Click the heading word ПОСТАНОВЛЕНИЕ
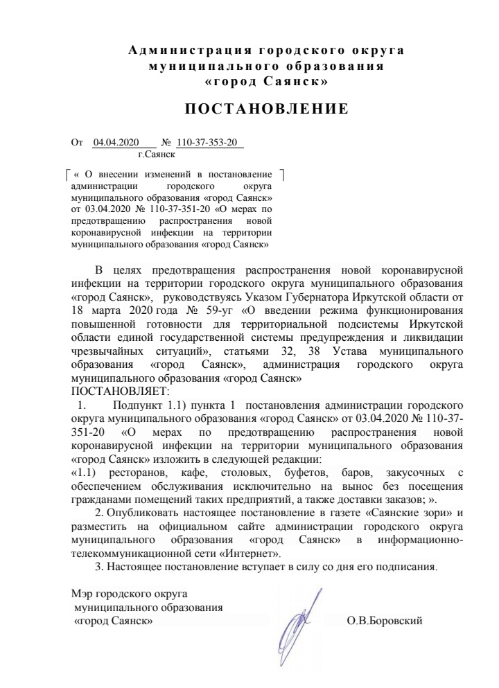pos(265,109)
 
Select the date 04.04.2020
pos(116,143)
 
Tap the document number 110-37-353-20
pos(207,143)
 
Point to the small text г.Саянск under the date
pos(156,156)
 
